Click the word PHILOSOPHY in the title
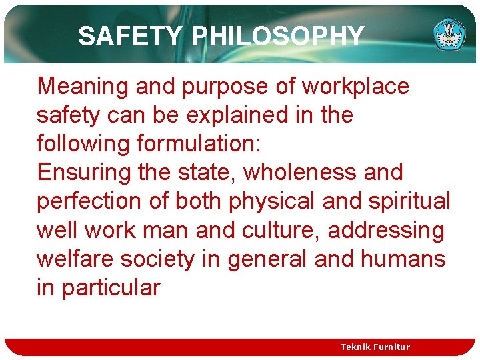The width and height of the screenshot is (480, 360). pos(278,36)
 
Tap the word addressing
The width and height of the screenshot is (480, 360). pos(386,231)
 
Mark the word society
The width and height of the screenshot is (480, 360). pos(167,259)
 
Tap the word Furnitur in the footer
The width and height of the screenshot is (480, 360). pos(395,347)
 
